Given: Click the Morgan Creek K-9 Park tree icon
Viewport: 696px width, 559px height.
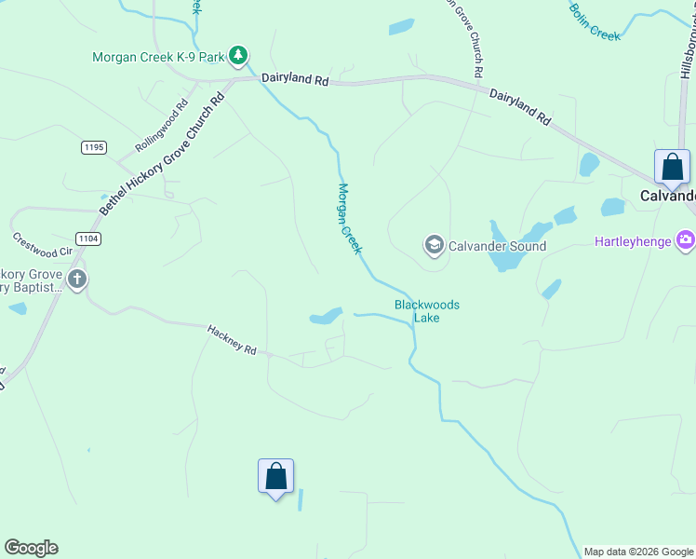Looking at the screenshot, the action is pos(239,57).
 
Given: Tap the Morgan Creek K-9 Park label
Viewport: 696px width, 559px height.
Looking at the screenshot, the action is pos(158,57).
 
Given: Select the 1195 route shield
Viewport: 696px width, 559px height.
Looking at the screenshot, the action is pos(94,147).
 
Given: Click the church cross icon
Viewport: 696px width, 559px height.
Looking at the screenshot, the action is pos(76,278).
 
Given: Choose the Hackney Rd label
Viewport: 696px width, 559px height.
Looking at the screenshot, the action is pos(232,338).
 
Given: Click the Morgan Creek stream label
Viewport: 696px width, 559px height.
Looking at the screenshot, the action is pos(349,219).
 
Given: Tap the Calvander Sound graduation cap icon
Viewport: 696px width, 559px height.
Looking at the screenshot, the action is pos(434,246).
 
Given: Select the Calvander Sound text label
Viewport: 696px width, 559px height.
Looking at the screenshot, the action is pos(497,246).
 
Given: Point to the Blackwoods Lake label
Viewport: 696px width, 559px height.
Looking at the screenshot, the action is pos(427,311).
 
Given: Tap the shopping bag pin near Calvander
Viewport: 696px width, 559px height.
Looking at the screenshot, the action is pos(672,169).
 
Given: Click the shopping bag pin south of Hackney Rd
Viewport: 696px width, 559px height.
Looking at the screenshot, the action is pos(275,477).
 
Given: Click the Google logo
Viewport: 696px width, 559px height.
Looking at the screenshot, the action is pos(31,548).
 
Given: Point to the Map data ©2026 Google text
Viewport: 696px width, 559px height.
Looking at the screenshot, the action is pos(638,552).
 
